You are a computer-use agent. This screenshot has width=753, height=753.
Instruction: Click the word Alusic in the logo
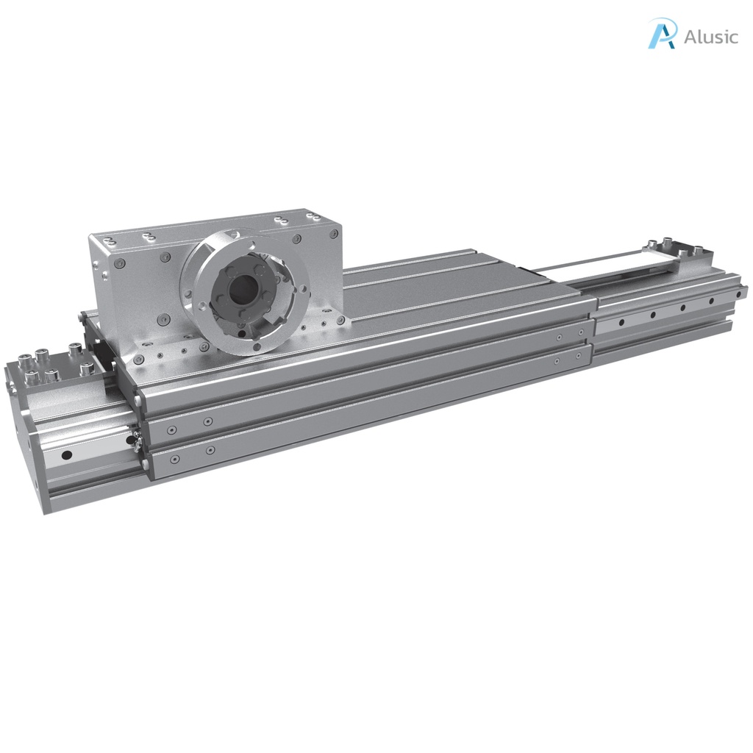click(710, 37)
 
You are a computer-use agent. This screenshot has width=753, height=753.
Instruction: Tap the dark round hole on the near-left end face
click(67, 455)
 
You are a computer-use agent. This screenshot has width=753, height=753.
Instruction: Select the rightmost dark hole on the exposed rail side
click(711, 301)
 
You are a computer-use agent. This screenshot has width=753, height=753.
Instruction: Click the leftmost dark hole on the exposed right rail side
click(622, 322)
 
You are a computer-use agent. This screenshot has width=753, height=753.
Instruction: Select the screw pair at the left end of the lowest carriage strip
click(191, 454)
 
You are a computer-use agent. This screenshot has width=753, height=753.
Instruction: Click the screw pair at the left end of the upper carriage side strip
click(189, 425)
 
